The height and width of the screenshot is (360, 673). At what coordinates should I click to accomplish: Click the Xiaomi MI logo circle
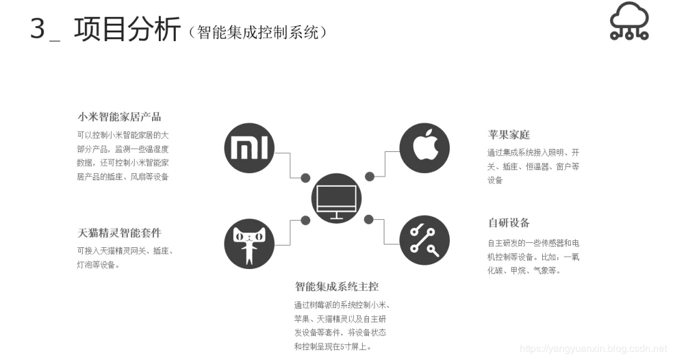[249, 148]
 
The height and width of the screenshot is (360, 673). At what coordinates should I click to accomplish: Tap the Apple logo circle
[424, 148]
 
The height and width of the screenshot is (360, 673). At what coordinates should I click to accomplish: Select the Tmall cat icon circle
[249, 244]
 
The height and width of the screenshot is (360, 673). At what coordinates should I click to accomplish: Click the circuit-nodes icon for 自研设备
[424, 240]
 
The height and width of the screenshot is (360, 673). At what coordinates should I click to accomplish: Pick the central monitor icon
[336, 199]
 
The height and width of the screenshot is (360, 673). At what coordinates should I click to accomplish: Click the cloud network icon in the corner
[629, 22]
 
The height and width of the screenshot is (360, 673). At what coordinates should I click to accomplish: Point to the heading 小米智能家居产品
[119, 116]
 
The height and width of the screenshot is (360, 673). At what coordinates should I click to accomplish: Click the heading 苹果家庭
[508, 135]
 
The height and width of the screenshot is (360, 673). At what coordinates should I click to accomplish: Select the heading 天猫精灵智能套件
[119, 233]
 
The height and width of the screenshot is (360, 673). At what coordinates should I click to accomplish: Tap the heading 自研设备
[508, 223]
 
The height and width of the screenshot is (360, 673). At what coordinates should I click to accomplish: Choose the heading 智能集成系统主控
[336, 287]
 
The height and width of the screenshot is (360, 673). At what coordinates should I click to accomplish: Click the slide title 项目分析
[127, 30]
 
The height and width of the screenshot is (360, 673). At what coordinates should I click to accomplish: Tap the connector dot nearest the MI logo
[305, 178]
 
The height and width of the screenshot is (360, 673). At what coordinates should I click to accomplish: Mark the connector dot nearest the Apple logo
[370, 176]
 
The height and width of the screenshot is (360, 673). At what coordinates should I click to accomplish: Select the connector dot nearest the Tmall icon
[305, 219]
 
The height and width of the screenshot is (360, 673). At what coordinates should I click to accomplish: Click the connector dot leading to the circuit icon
[369, 219]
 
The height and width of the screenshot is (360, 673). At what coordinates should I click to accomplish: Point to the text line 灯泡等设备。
[98, 265]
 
